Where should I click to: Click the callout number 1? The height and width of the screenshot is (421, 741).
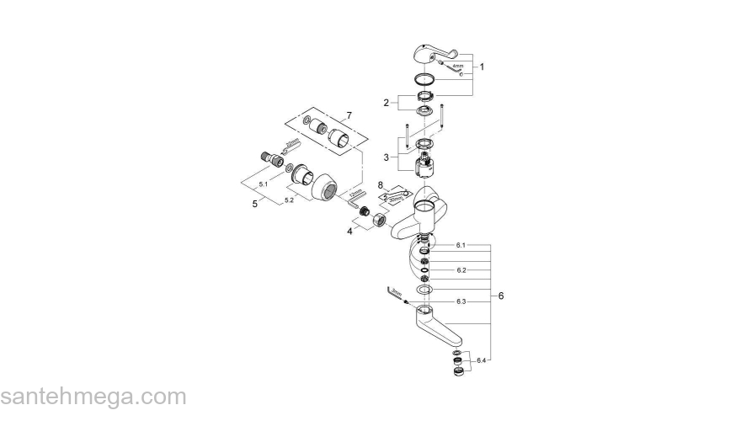tap(482, 66)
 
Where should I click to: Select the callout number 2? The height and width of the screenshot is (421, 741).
tap(386, 104)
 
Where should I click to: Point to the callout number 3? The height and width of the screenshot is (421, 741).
tap(386, 157)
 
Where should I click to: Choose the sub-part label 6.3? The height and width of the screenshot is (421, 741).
tap(461, 301)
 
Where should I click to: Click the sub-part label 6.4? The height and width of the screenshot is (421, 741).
tap(481, 360)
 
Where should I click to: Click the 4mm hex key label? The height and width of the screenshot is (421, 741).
tap(457, 66)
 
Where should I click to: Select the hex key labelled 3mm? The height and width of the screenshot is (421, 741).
tap(394, 293)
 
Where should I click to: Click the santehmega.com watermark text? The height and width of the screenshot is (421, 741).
tap(93, 396)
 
